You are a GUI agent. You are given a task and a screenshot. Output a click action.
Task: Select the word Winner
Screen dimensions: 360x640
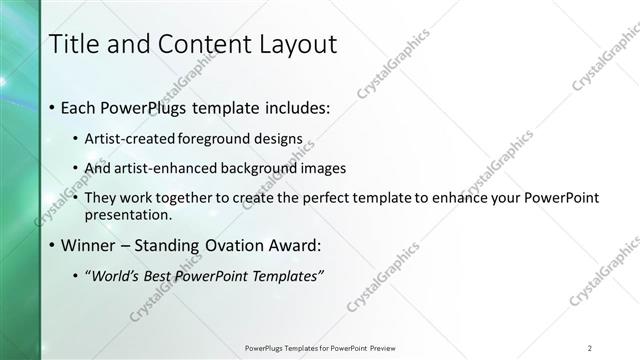pos(89,245)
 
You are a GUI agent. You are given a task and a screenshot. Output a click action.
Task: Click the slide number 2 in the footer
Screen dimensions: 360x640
pos(590,347)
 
